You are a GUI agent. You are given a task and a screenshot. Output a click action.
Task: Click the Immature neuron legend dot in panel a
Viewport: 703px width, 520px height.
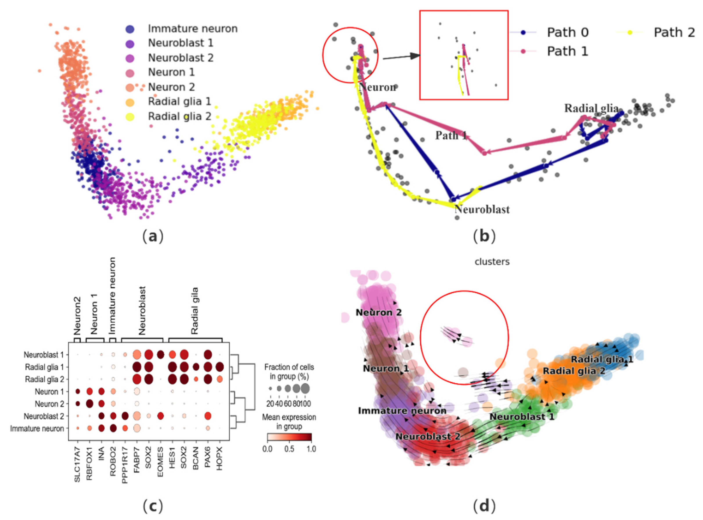[x=130, y=29]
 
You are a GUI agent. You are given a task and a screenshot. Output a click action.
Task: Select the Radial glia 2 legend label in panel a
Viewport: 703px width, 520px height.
[x=179, y=116]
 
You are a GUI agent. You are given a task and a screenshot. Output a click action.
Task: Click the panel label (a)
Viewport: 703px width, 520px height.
[x=153, y=236]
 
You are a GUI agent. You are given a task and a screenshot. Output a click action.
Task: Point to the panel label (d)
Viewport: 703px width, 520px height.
[x=484, y=506]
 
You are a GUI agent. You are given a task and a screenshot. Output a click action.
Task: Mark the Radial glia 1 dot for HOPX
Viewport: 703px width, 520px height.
[x=219, y=367]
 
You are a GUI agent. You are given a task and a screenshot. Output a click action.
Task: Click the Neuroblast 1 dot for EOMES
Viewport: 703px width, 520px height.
[x=160, y=355]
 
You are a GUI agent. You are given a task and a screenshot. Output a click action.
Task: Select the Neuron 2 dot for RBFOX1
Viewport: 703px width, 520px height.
[x=89, y=404]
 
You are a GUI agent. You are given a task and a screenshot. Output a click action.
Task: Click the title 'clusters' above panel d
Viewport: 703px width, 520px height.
[x=492, y=262]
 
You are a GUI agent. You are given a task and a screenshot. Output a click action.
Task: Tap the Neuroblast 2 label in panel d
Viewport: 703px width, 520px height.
[x=428, y=437]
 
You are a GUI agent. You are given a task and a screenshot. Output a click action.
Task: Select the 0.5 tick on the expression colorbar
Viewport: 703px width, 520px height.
[x=289, y=449]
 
